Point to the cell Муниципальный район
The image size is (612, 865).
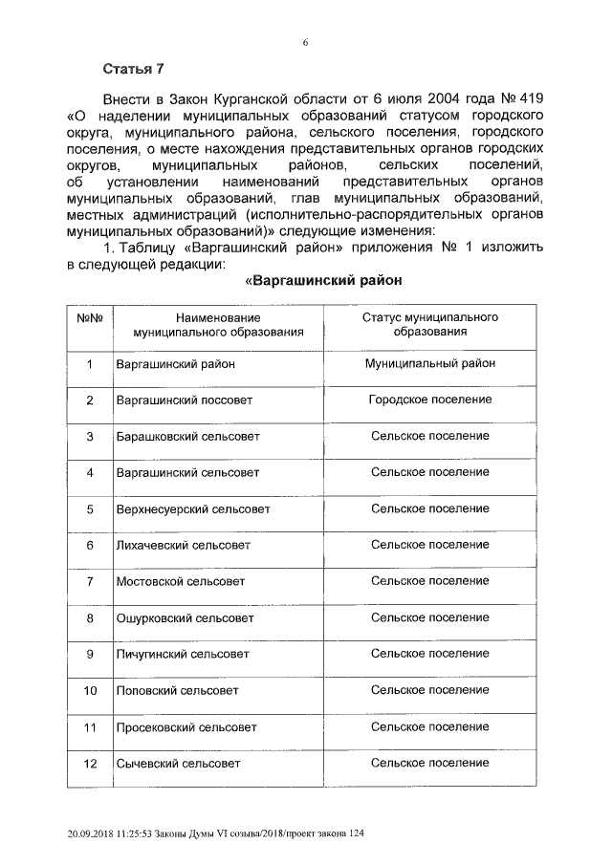(429, 363)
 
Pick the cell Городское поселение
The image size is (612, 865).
(429, 400)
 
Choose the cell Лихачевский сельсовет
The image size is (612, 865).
(183, 545)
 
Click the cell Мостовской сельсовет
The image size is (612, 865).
(180, 581)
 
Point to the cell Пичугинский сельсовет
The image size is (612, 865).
(182, 654)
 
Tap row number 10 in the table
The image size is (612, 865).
(89, 690)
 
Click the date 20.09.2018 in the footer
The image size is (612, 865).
(83, 834)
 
